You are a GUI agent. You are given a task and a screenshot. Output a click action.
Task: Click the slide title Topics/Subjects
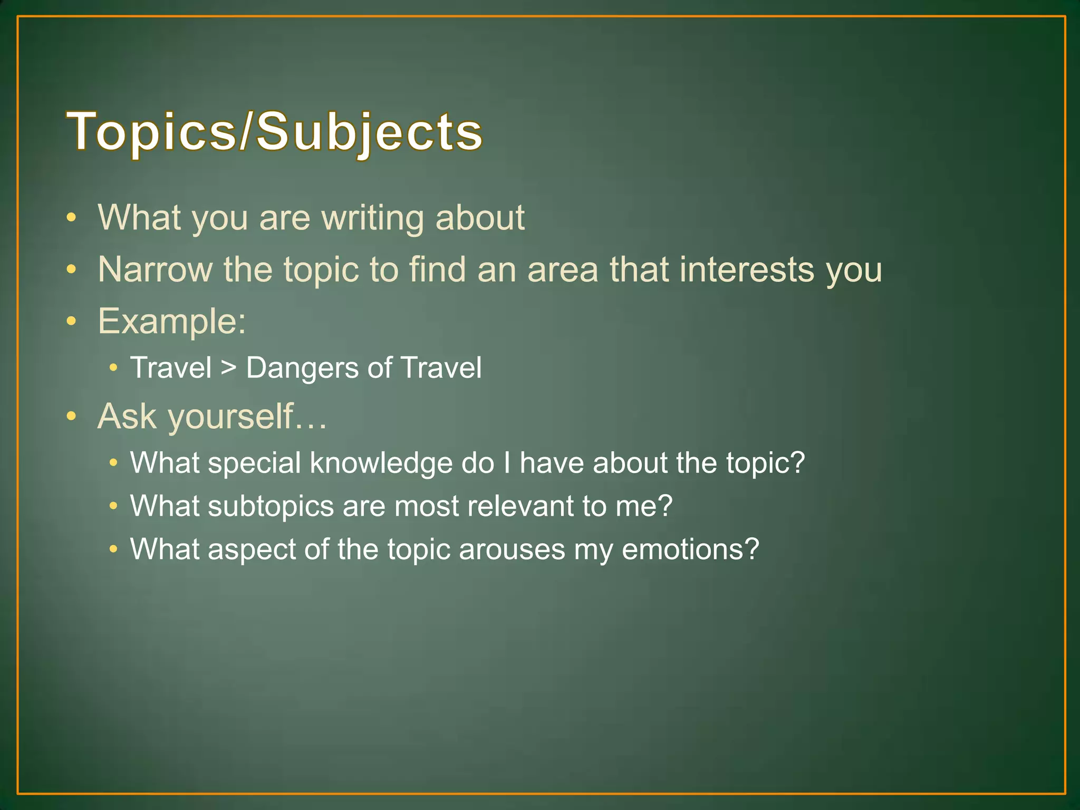pyautogui.click(x=274, y=132)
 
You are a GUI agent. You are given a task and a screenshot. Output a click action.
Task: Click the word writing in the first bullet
pyautogui.click(x=372, y=218)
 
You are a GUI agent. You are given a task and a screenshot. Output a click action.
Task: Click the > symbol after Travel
pyautogui.click(x=228, y=368)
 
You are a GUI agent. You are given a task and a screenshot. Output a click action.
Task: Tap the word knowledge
pyautogui.click(x=381, y=463)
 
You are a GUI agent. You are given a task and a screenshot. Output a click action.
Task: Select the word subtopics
pyautogui.click(x=271, y=506)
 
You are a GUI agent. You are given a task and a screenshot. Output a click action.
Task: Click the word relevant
pyautogui.click(x=520, y=506)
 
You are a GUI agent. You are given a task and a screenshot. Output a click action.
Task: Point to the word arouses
pyautogui.click(x=512, y=549)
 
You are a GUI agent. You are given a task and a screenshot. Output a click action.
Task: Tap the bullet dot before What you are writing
pyautogui.click(x=72, y=218)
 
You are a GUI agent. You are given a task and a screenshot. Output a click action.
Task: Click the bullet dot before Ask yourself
pyautogui.click(x=72, y=417)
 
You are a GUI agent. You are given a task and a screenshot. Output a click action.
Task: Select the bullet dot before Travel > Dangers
pyautogui.click(x=113, y=368)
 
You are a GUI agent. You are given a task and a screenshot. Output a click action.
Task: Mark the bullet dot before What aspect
pyautogui.click(x=113, y=549)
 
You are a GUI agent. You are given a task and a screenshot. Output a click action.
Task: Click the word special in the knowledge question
pyautogui.click(x=254, y=463)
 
